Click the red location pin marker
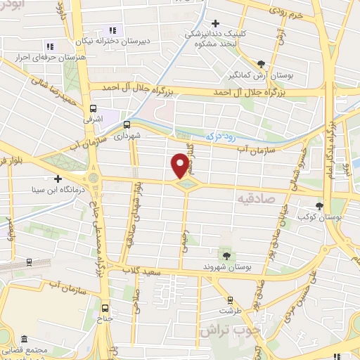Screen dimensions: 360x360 (x=180, y=165)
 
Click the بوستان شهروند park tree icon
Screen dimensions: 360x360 (x=226, y=255)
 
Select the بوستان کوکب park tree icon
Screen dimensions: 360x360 (x=320, y=206)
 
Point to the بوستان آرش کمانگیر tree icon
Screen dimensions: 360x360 (x=261, y=63)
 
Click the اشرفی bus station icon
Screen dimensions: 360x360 (x=93, y=108)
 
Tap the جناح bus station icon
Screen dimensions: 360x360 (x=105, y=307)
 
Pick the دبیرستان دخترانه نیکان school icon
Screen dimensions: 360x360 (x=112, y=30)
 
